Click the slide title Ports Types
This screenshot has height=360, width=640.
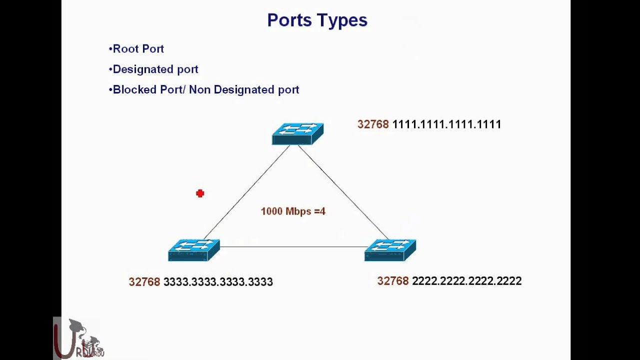pyautogui.click(x=317, y=20)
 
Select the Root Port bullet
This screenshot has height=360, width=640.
pyautogui.click(x=136, y=49)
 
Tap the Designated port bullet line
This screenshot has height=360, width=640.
pyautogui.click(x=153, y=69)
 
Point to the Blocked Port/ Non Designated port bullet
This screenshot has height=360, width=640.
pyautogui.click(x=204, y=90)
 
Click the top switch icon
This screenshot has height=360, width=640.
pyautogui.click(x=297, y=134)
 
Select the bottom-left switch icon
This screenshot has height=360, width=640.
pyautogui.click(x=193, y=249)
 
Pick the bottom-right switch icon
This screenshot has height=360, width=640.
pyautogui.click(x=390, y=249)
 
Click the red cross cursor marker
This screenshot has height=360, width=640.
pyautogui.click(x=200, y=193)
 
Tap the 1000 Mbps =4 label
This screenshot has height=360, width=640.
pyautogui.click(x=293, y=211)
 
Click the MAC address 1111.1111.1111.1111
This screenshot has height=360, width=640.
pyautogui.click(x=446, y=124)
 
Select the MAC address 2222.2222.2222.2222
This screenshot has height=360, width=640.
pyautogui.click(x=466, y=281)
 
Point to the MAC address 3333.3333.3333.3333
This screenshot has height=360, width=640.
pyautogui.click(x=218, y=282)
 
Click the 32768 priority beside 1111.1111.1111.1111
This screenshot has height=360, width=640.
pyautogui.click(x=373, y=124)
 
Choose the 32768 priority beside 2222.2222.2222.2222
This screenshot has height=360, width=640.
pyautogui.click(x=393, y=281)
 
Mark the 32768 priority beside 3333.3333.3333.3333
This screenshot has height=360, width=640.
pyautogui.click(x=144, y=282)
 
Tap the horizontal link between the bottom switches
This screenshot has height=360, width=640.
pyautogui.click(x=292, y=247)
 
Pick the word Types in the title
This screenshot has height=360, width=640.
pyautogui.click(x=345, y=20)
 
